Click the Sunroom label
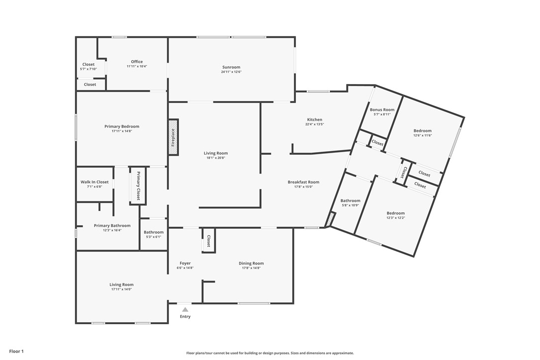pos(231,67)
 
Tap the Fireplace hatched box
pos(173,137)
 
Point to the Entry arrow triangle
pos(185,309)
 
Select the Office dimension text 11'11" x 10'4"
pos(137,67)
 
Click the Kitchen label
pos(314,119)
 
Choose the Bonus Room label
pos(382,109)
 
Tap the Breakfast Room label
pos(303,182)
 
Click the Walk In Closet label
pos(94,182)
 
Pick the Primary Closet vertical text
pos(139,185)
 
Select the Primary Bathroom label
pos(112,225)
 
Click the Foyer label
pos(185,263)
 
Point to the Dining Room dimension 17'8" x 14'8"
pos(251,268)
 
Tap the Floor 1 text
pos(16,351)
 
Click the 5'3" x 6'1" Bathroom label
pos(154,232)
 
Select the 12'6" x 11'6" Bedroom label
pos(422,131)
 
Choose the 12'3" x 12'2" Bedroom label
pos(395,213)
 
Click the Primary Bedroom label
pos(122,126)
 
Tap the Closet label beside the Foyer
pos(209,241)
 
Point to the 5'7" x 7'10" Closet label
pos(89,64)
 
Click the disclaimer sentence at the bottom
pos(270,353)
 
